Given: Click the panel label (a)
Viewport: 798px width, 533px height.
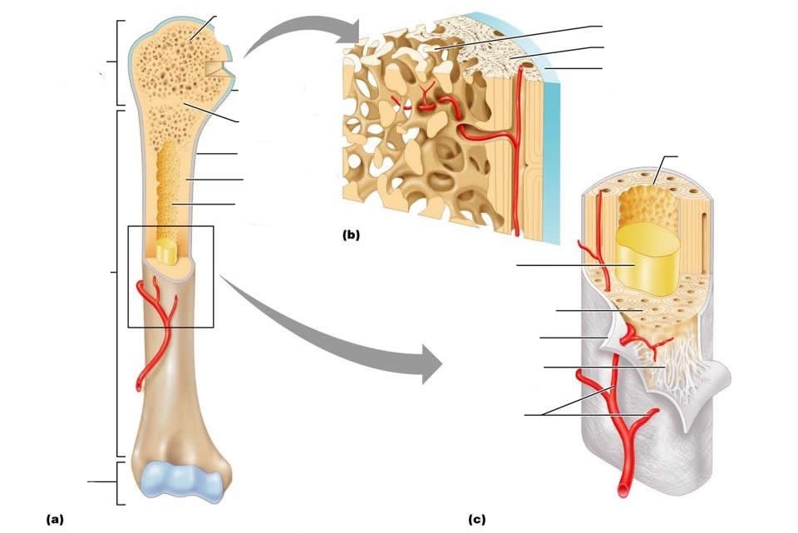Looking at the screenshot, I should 54,519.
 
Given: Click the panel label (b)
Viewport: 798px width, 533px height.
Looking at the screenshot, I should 351,234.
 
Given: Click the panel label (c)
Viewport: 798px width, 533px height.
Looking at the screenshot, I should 476,520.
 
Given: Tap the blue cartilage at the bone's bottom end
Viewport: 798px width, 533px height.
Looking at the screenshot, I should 180,481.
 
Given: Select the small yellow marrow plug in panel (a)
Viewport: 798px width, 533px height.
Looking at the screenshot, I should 167,253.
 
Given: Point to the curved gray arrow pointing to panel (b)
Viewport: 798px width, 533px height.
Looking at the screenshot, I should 299,37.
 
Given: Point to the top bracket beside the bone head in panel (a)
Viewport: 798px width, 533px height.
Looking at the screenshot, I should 116,62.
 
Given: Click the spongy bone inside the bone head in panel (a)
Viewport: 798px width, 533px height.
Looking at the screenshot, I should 166,67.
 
